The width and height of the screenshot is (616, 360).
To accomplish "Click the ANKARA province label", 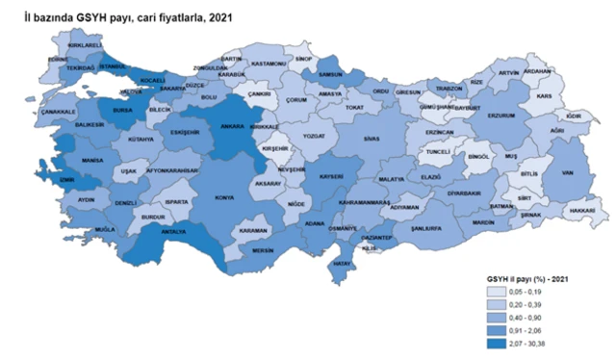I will (226, 125).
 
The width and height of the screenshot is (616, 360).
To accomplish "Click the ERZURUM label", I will (503, 116).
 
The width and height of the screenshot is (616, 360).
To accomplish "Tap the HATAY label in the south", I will (340, 263).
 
